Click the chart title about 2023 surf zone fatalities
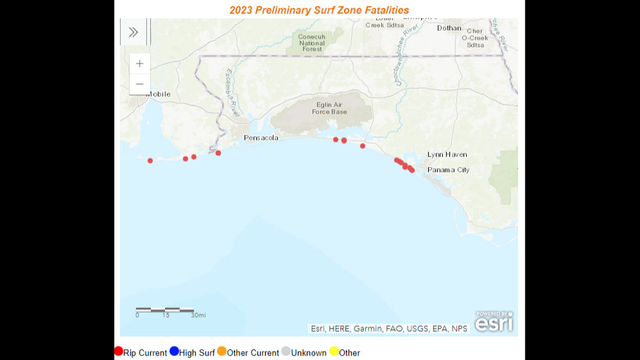319,10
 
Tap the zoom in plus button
140,63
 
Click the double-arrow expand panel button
133,32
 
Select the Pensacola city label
260,138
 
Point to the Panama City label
448,170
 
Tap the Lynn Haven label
447,154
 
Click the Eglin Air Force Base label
330,108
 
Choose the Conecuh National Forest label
312,43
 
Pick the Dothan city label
449,28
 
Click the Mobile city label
159,94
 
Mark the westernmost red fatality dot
150,161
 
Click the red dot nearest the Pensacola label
218,153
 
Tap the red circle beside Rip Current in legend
118,351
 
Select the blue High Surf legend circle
174,351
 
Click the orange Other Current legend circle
222,351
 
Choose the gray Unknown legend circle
286,352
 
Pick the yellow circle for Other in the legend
334,352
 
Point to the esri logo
493,322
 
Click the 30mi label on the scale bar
198,315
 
